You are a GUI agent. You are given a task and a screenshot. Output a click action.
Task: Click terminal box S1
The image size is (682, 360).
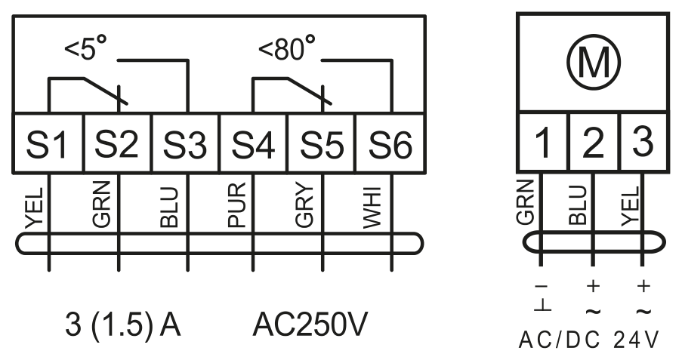coord(48,143)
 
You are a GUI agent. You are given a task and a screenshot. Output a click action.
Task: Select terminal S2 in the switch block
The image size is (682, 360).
coord(117,143)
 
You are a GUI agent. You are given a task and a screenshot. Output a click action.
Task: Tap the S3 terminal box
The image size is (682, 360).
coord(186,143)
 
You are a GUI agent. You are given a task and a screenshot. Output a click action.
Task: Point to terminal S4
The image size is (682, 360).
coord(254,143)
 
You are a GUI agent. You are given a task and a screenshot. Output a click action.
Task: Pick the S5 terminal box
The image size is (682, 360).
coord(322,143)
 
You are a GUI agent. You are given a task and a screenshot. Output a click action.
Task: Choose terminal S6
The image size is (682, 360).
coord(390,143)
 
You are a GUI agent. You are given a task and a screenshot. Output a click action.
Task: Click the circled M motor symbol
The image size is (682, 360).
coord(594,63)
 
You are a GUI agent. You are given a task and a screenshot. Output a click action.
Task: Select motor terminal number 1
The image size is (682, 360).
coord(543,142)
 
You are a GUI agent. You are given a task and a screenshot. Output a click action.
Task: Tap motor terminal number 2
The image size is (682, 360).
coord(594,142)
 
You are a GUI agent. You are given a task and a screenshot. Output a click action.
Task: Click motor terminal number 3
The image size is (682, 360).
coord(644,142)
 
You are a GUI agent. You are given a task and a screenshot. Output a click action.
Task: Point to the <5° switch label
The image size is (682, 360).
coord(85,48)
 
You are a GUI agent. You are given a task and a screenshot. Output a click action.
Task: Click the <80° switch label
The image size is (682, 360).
coord(287,48)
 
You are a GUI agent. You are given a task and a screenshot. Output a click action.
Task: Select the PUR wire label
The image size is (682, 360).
coord(237,205)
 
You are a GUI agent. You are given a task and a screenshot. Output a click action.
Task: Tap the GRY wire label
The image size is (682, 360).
coord(304,205)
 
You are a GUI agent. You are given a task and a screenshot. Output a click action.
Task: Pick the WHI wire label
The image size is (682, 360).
coord(372,208)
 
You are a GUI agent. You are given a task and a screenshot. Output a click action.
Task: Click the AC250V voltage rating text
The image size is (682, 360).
coord(310,325)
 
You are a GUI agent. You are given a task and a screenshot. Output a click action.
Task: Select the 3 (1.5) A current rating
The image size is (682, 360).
coord(122,325)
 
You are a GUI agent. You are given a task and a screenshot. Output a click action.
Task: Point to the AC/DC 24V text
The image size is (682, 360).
coord(589,340)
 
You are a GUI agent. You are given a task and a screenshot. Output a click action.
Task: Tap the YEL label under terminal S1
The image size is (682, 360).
coord(34,208)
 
